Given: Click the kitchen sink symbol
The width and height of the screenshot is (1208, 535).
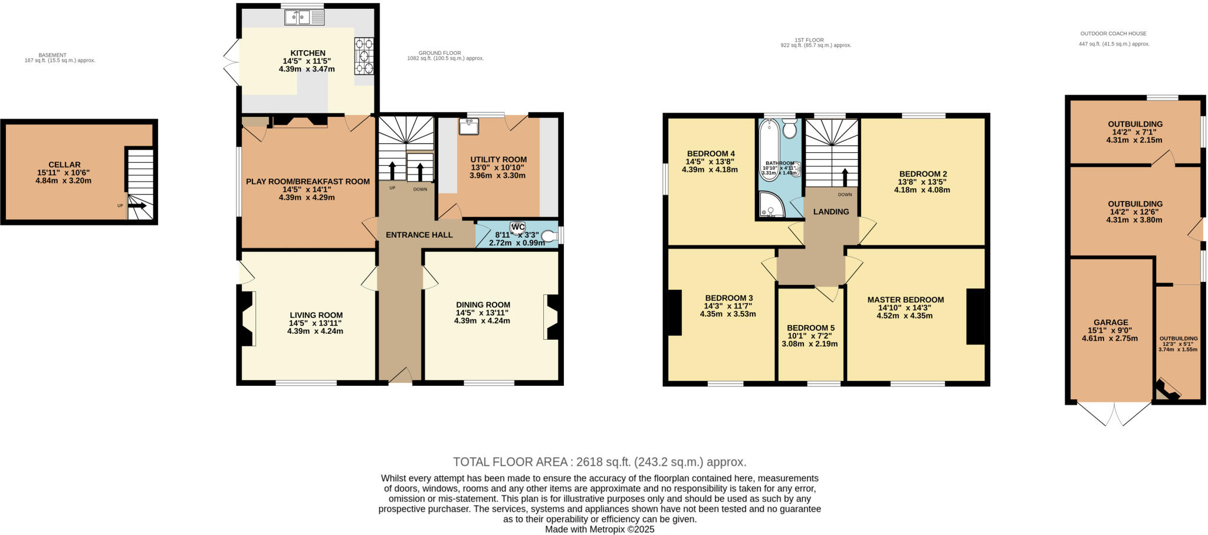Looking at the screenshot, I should coord(298,18).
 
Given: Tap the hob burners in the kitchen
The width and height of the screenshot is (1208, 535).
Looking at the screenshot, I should coord(364,56).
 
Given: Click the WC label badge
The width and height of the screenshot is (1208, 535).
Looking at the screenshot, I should coord(518,227).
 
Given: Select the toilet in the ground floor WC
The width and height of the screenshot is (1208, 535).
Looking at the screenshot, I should coord(549,237).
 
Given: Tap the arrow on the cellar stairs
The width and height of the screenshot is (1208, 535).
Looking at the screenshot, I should coord(138,206).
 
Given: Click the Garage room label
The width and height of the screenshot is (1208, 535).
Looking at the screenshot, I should coord(1111,323).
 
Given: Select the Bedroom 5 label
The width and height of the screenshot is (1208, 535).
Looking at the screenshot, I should coord(810,328).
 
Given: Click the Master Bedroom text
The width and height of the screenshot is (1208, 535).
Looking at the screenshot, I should coord(905,300).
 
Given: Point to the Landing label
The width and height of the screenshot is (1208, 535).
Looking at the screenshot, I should coord(831,212).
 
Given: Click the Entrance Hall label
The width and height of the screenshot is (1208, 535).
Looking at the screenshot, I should coord(419,235).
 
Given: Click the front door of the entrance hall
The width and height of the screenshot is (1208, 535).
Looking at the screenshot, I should coord(401,376).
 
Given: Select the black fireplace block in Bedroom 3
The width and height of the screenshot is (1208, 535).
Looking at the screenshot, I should coord(674,313).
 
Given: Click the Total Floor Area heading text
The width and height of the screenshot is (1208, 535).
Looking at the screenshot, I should coord(599,462).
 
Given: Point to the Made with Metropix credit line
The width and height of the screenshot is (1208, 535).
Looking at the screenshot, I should coord(599,530).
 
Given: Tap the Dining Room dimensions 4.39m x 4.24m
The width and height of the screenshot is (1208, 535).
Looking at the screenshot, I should coord(482,321).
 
